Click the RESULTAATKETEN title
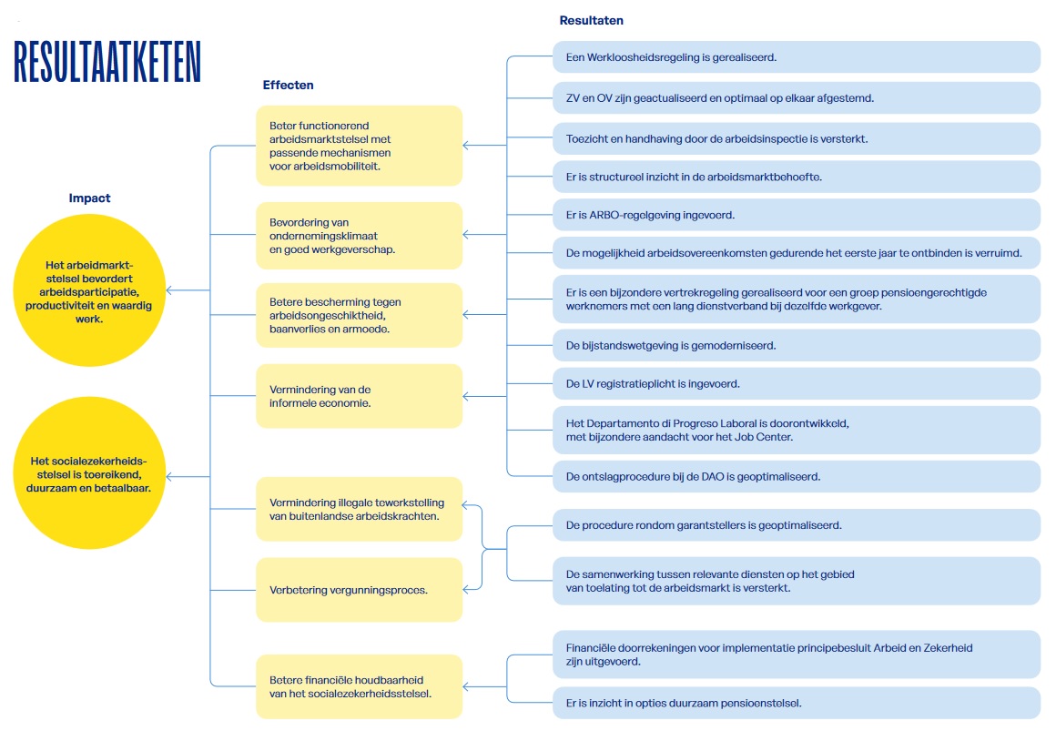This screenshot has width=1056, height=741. [107, 61]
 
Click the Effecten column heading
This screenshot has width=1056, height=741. [289, 85]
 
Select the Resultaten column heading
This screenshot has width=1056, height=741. [592, 20]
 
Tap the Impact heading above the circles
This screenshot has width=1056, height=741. [89, 198]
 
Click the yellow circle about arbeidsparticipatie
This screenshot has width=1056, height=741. [89, 290]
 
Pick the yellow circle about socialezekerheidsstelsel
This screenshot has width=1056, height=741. [89, 472]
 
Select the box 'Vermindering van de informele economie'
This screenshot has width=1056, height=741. [359, 396]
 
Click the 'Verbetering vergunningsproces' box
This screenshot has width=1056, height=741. [359, 590]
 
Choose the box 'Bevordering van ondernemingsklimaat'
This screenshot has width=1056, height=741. [359, 235]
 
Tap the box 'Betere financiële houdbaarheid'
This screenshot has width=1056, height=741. [359, 686]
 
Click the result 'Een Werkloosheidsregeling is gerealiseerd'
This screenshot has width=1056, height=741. [797, 57]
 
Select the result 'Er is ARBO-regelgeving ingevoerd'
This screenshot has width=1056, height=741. [797, 215]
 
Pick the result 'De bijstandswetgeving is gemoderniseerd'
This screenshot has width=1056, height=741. [797, 346]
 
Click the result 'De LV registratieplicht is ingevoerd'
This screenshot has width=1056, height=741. [797, 384]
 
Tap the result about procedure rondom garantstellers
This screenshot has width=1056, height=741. [797, 525]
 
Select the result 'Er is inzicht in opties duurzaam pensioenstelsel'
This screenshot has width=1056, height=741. [797, 704]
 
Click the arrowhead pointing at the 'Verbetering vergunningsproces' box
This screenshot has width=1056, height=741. [466, 590]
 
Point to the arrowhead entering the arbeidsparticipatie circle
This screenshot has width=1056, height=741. [169, 290]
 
